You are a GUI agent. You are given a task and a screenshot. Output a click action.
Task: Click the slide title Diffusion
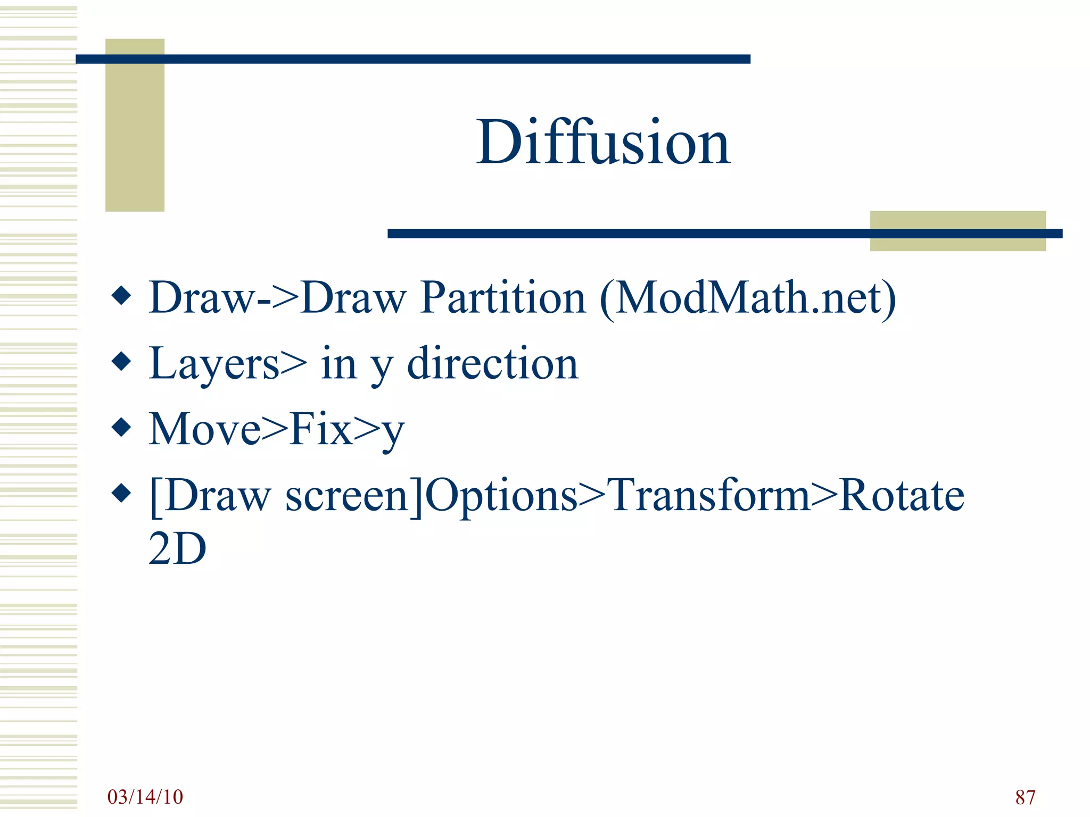point(603,143)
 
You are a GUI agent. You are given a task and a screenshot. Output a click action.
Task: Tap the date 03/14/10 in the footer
point(145,797)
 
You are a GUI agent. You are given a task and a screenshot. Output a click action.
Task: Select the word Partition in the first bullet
point(502,297)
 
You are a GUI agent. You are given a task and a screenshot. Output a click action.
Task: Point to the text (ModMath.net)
point(748,297)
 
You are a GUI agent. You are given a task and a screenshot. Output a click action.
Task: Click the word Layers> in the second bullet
point(228,364)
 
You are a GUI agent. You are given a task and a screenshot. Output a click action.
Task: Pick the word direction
point(492,364)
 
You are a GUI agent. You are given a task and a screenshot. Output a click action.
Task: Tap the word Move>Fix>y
point(276,430)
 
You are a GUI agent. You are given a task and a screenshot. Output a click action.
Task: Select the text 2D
point(177,549)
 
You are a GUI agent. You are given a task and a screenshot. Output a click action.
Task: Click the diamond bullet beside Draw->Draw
point(122,295)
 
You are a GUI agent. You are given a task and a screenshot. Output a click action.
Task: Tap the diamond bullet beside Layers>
point(122,361)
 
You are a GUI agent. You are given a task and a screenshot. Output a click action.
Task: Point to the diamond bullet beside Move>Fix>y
point(122,427)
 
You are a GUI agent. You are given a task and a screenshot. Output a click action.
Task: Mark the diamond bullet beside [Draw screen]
point(122,493)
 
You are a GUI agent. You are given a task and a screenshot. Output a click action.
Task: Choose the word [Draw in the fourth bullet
point(210,496)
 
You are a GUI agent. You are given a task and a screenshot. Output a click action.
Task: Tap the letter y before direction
point(382,367)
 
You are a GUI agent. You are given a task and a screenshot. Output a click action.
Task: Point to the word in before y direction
point(338,364)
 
